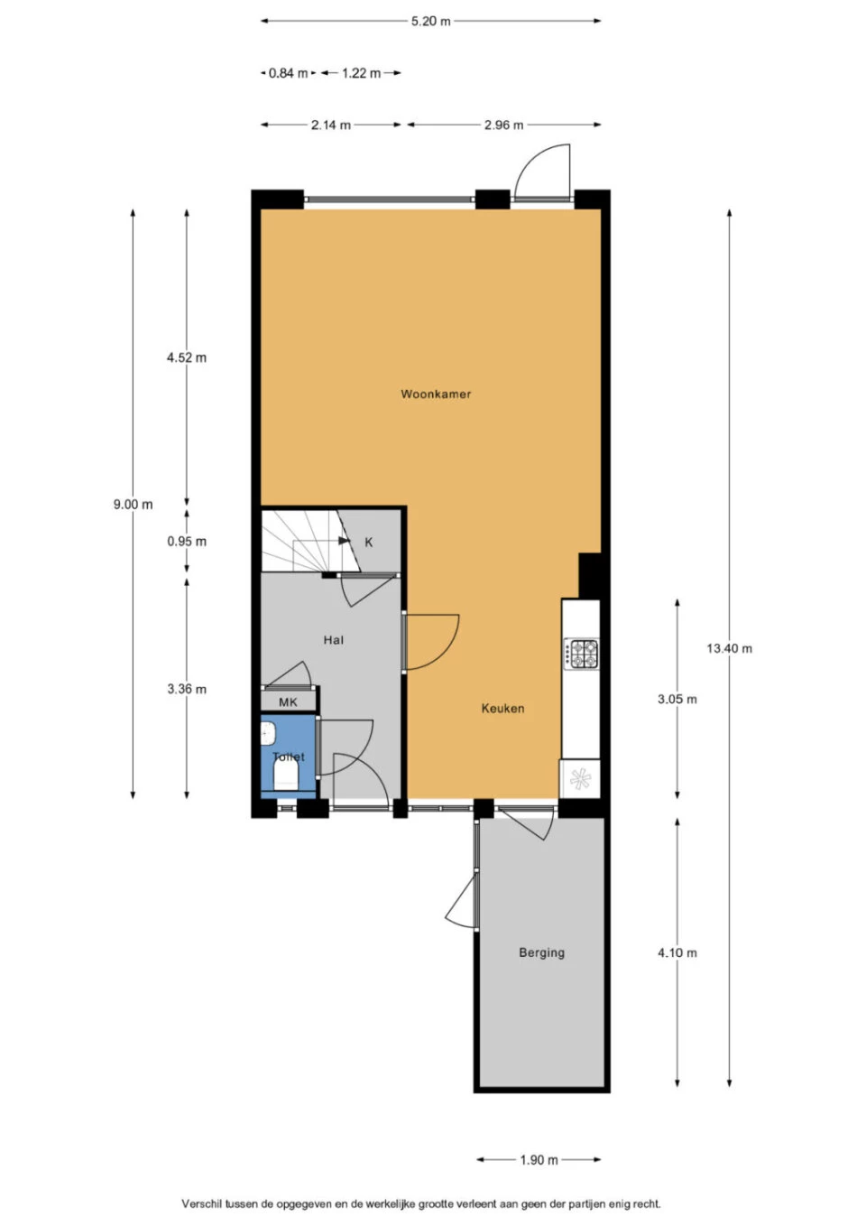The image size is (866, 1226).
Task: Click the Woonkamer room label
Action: [436, 394]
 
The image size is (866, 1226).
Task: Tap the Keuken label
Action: [502, 708]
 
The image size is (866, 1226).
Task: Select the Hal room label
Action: [333, 640]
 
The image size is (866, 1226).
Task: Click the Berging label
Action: [541, 952]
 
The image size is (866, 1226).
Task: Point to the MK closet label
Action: [288, 702]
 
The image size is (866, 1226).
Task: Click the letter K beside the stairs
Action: [368, 543]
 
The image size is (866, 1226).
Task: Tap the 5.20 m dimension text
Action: [431, 22]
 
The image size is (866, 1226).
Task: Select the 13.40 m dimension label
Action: [729, 648]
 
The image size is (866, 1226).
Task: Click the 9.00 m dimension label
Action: [133, 505]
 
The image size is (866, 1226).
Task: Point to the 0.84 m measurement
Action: [288, 73]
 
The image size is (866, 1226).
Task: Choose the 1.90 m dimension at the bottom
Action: [539, 1160]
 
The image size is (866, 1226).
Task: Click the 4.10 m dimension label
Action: [677, 952]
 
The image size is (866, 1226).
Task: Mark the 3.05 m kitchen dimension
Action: [677, 700]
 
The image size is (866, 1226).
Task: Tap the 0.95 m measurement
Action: [187, 542]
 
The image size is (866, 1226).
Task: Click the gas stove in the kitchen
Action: [581, 654]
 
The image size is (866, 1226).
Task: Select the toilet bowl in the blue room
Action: [287, 776]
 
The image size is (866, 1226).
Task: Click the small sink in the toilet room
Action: [267, 734]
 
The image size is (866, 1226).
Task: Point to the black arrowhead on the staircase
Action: [345, 541]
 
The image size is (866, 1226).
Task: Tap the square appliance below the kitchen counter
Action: [579, 779]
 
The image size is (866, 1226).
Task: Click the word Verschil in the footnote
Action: [201, 1203]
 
